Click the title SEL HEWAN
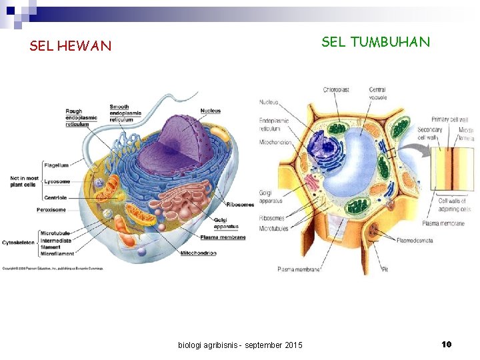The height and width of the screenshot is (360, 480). tap(71, 46)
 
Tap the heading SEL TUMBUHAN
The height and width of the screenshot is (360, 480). tap(375, 42)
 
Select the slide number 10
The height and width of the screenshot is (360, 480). tap(447, 344)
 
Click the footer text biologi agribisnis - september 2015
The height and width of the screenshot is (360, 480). tap(240, 345)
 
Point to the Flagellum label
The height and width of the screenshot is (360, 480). tap(57, 165)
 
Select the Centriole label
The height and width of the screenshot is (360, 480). tap(56, 197)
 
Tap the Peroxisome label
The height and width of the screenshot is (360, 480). tap(53, 209)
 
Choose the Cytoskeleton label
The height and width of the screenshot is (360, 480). tap(18, 242)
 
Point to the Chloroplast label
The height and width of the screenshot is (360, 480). tap(336, 90)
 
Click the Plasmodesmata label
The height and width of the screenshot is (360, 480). tap(415, 240)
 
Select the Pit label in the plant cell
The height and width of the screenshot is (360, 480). tap(385, 269)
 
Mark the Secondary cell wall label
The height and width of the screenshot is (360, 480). tap(429, 133)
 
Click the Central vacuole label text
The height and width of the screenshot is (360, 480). tap(377, 93)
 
